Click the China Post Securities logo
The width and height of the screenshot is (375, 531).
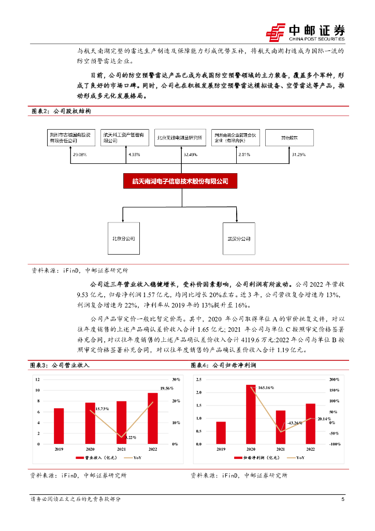(305, 32)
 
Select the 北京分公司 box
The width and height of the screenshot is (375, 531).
(124, 239)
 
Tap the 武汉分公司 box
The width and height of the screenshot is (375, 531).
(239, 239)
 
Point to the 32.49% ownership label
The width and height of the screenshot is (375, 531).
(190, 155)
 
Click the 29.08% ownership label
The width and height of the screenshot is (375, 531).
(79, 155)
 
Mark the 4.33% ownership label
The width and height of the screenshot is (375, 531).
(134, 155)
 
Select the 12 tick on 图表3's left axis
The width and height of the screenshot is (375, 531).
(37, 380)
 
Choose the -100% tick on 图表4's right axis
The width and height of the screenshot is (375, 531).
(335, 444)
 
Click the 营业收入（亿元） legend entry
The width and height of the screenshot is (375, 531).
(97, 458)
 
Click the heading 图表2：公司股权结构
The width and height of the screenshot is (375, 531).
(61, 111)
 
